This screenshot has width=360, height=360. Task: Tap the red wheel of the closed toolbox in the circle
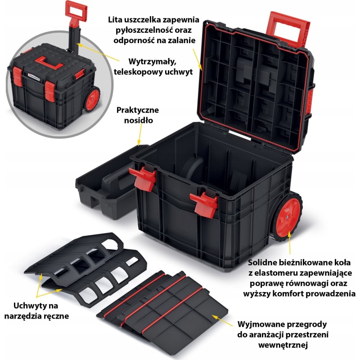click(93, 99)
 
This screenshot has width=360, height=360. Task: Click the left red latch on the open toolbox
click(143, 178)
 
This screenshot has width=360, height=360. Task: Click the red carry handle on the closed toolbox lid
click(49, 63)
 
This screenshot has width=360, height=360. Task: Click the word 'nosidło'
click(139, 120)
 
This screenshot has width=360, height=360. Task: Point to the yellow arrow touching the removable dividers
click(222, 320)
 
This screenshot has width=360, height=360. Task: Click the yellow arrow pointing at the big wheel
click(289, 242)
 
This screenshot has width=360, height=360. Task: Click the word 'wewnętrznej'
click(283, 345)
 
